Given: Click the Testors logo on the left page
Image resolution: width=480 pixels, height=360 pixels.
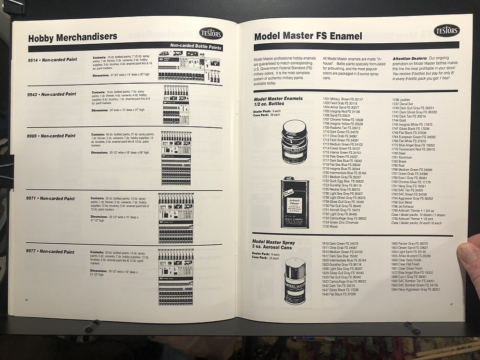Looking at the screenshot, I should pyautogui.click(x=210, y=33).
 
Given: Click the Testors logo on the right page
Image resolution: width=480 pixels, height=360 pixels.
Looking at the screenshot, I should pyautogui.click(x=446, y=31).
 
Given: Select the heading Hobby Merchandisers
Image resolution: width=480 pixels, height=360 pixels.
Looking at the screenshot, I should pyautogui.click(x=73, y=37).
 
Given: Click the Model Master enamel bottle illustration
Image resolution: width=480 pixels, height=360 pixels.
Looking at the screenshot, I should pyautogui.click(x=294, y=142).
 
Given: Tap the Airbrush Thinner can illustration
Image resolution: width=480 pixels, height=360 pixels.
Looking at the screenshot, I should pyautogui.click(x=295, y=202).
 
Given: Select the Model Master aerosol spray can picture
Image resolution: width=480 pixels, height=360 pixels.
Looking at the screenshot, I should pyautogui.click(x=295, y=281).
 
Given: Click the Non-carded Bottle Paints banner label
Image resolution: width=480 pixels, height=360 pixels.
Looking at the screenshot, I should pyautogui.click(x=196, y=47).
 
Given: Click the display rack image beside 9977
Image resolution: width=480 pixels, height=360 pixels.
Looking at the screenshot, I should pyautogui.click(x=176, y=276).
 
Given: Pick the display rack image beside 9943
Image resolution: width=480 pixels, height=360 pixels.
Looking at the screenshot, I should pyautogui.click(x=176, y=104).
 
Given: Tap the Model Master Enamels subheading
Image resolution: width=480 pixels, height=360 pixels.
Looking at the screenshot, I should pyautogui.click(x=278, y=101).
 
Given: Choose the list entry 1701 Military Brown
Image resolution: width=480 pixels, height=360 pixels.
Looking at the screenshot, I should pyautogui.click(x=343, y=99).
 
